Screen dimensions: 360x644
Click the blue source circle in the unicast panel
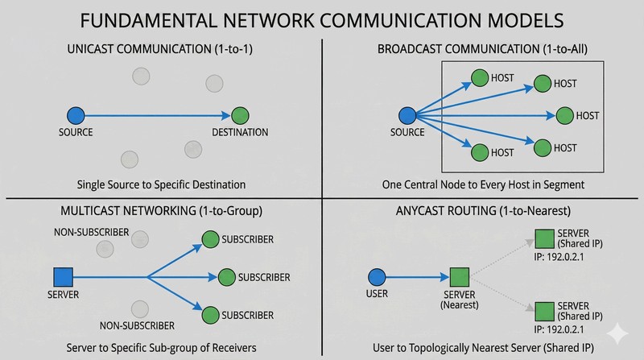click(x=75, y=115)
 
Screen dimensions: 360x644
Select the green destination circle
click(x=239, y=115)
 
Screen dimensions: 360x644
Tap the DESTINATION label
click(x=240, y=132)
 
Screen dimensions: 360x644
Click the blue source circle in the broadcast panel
click(x=407, y=115)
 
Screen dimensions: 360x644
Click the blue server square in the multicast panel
click(x=62, y=277)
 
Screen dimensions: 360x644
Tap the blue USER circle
click(x=377, y=277)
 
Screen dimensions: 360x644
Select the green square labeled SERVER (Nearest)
click(x=460, y=277)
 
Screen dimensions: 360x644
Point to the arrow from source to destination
click(x=157, y=115)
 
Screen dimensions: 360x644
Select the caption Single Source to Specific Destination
click(x=161, y=183)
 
